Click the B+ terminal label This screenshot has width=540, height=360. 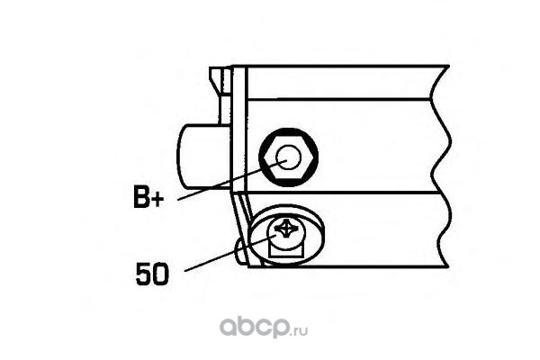click(x=148, y=198)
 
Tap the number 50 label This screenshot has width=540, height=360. click(x=152, y=273)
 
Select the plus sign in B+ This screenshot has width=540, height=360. click(x=158, y=199)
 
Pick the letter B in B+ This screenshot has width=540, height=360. click(x=141, y=198)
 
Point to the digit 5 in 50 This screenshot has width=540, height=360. click(x=143, y=273)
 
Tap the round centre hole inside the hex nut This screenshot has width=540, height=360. click(x=288, y=159)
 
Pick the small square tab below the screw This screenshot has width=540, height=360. click(x=288, y=259)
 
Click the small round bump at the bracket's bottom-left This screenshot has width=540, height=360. click(x=239, y=252)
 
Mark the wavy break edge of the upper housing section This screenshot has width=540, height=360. click(x=444, y=135)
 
